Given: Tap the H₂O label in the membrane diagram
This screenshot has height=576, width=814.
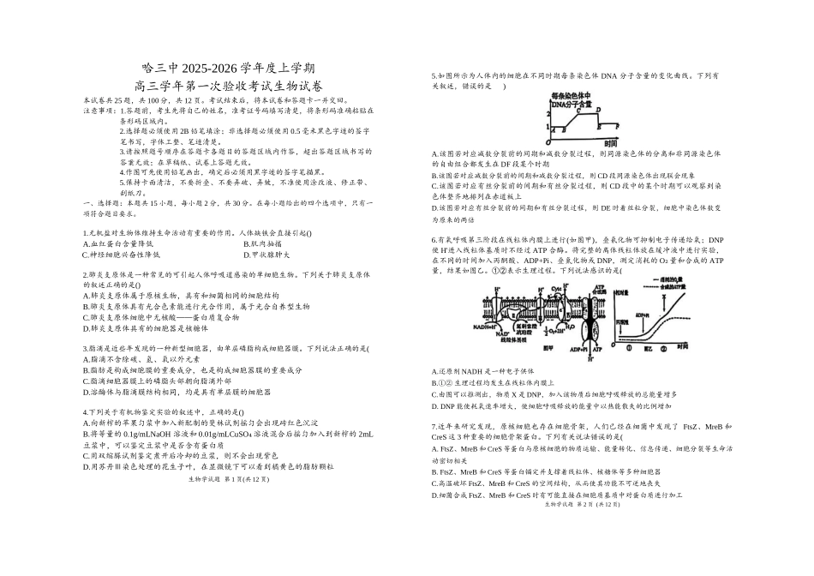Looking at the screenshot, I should [572, 327].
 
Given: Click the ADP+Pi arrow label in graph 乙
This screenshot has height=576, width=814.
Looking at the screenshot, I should [641, 315].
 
